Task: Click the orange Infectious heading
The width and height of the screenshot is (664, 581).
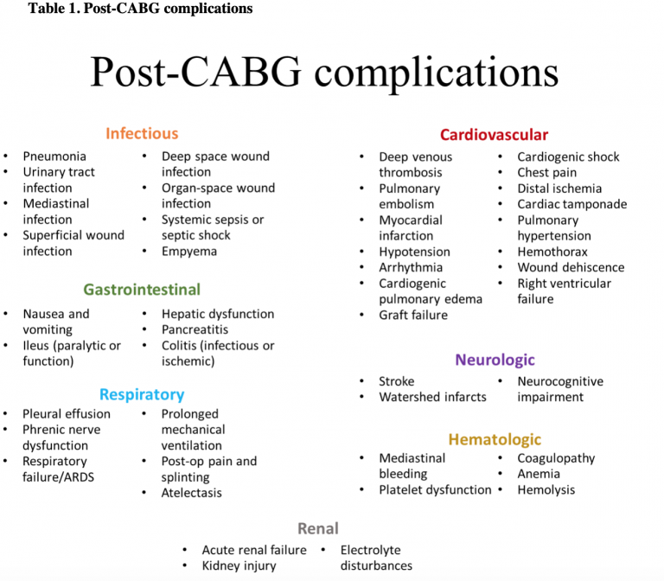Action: (x=142, y=133)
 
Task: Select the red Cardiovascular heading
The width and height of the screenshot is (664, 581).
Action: (x=494, y=135)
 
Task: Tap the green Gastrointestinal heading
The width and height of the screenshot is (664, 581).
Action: (x=142, y=290)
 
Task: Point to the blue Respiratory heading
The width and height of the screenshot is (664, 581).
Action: (x=142, y=394)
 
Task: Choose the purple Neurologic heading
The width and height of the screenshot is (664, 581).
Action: (x=495, y=360)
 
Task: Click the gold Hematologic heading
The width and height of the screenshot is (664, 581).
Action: (x=495, y=439)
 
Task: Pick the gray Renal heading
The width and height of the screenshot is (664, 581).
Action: (x=318, y=528)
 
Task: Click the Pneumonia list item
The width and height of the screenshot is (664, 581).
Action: (x=54, y=156)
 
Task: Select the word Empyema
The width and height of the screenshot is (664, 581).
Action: (x=189, y=252)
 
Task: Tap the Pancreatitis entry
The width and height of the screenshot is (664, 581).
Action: (x=195, y=329)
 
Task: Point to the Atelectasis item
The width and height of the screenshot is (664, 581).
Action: (x=191, y=493)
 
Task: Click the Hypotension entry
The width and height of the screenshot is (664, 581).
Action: (x=415, y=252)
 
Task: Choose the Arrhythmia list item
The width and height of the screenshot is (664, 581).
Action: (x=411, y=268)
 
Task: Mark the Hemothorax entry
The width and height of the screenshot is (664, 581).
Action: (x=552, y=252)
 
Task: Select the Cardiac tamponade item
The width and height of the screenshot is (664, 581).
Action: (x=572, y=204)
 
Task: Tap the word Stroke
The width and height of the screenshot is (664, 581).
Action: (x=397, y=381)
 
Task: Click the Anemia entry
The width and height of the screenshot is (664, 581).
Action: (x=539, y=474)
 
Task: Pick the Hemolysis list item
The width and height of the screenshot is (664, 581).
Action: (x=546, y=490)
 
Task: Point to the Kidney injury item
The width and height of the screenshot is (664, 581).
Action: (x=239, y=565)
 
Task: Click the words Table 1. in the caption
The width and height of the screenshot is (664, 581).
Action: (x=54, y=8)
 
